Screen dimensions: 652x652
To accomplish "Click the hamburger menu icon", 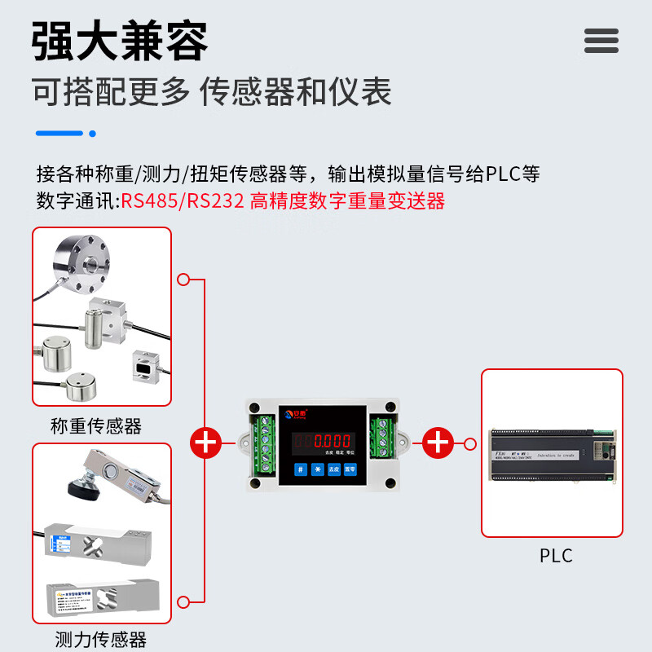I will click(601, 40).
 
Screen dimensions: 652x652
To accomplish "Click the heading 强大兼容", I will click(120, 41).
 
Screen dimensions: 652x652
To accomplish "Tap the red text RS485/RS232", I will click(183, 200).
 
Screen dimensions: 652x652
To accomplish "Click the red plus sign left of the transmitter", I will click(205, 443).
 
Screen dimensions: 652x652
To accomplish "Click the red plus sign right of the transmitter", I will click(438, 443).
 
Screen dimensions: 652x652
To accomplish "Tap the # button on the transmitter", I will click(301, 469).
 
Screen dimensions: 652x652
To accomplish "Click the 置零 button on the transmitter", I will click(350, 469).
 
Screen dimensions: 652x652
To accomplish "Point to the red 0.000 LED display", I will click(333, 442).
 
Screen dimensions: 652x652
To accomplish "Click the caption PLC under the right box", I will click(556, 556).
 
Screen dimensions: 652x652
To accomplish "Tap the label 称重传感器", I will click(95, 425).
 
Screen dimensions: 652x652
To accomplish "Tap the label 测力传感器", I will click(100, 639).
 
